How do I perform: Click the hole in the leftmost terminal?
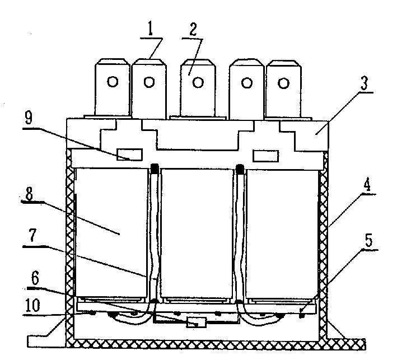tap(113, 82)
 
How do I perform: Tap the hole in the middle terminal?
tap(197, 82)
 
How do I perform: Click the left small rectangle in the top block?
tap(129, 155)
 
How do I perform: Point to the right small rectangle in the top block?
tap(267, 155)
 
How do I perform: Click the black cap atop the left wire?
tap(156, 167)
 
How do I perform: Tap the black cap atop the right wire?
tap(241, 167)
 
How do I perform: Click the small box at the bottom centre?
tap(197, 323)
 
